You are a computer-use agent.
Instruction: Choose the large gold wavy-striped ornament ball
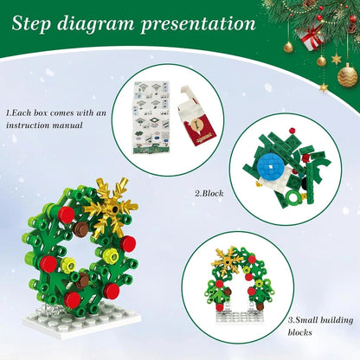point(347,75)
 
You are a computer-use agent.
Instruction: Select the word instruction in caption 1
point(32,125)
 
